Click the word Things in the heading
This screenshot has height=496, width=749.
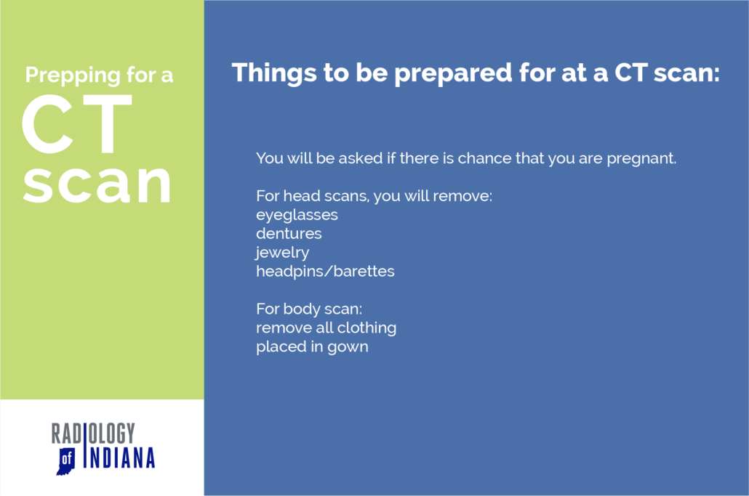click(268, 73)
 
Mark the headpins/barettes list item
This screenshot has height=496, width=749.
click(325, 272)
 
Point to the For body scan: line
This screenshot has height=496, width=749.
click(303, 309)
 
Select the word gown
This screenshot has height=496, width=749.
click(348, 347)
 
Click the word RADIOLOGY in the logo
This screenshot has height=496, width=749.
click(93, 434)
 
